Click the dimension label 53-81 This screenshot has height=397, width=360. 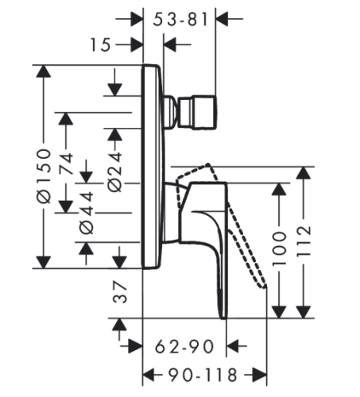tap(180, 19)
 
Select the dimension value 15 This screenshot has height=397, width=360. tap(100, 44)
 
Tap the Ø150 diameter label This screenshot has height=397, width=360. tap(44, 176)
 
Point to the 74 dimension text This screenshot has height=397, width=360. tap(66, 164)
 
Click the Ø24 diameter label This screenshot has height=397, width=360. tap(114, 172)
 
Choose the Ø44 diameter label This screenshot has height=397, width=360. tap(87, 213)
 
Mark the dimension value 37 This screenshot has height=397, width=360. tap(120, 292)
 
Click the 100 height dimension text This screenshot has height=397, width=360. tap(280, 249)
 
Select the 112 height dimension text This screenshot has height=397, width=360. tap(304, 241)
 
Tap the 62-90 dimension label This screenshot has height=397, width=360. tap(184, 346)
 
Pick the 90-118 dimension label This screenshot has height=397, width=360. tap(203, 375)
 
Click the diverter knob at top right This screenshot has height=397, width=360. tap(197, 113)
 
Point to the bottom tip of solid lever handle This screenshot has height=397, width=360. tap(223, 318)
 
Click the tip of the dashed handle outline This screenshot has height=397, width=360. tap(265, 287)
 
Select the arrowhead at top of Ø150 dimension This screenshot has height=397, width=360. tap(44, 71)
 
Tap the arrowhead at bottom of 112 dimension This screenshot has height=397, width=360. tap(304, 312)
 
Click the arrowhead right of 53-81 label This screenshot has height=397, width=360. tap(222, 19)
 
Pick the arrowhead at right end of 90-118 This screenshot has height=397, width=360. tap(260, 375)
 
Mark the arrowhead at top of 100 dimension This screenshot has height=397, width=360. tap(280, 189)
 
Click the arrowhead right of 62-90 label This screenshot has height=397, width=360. tap(232, 346)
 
